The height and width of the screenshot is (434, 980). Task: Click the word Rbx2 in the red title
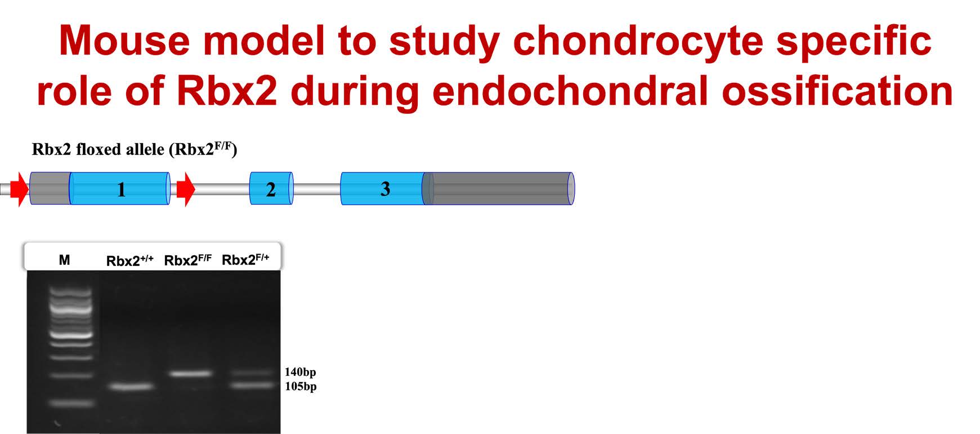click(x=227, y=91)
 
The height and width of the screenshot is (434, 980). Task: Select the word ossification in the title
click(x=837, y=91)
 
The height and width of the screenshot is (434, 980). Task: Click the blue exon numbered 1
click(x=119, y=188)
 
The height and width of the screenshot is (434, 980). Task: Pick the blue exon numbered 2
click(x=271, y=188)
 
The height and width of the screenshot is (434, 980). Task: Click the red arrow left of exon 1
click(x=19, y=189)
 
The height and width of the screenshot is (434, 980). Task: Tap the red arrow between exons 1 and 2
click(x=186, y=189)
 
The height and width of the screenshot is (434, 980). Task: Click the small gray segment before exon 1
click(x=50, y=188)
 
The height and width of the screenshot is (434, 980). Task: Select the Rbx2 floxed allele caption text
click(x=135, y=149)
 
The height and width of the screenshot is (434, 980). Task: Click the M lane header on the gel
click(x=65, y=260)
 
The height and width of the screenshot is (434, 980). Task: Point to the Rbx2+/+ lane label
click(x=130, y=260)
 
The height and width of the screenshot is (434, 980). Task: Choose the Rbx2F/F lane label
click(x=188, y=260)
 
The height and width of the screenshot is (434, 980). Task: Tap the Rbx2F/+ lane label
click(x=245, y=260)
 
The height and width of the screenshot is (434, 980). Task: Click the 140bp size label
click(x=300, y=372)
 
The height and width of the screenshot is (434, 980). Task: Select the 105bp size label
click(x=301, y=387)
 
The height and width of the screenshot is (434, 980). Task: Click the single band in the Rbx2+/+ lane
click(x=131, y=387)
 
